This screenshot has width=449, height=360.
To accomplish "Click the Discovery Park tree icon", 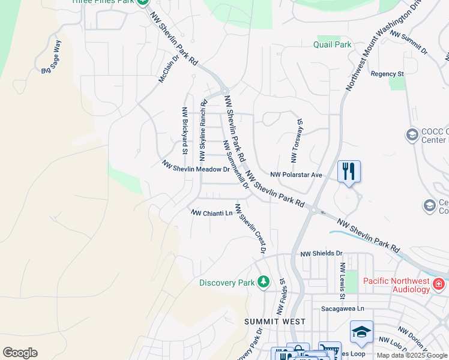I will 263,281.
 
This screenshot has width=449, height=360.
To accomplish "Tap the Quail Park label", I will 332,44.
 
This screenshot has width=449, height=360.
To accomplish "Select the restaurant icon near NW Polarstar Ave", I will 349,172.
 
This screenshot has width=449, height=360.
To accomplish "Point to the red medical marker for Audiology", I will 438,283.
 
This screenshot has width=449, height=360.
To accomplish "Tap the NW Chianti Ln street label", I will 211,213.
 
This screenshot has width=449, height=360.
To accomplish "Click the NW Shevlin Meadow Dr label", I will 196,170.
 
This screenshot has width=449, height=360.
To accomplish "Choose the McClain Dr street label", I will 169,70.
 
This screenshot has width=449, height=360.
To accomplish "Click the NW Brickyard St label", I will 185,130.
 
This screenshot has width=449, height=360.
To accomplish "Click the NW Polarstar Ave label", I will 297,175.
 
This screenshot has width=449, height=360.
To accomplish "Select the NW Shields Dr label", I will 321,254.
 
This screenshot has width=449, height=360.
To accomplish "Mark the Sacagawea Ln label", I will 343,308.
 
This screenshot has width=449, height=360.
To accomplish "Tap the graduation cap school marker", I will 362,331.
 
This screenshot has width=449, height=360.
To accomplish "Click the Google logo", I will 20,353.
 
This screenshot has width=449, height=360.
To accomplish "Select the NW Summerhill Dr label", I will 235,165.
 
